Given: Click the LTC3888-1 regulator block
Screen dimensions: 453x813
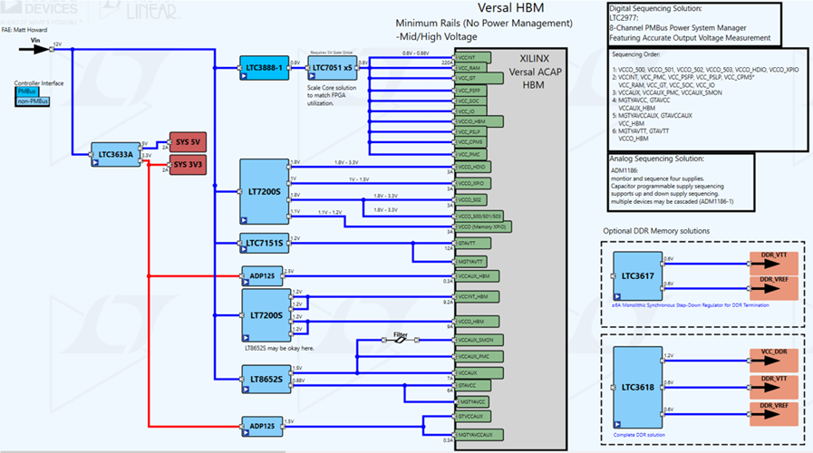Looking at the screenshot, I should (265, 68).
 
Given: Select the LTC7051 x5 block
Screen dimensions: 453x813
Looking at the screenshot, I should (332, 68).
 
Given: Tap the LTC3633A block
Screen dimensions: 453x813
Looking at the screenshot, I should (114, 154).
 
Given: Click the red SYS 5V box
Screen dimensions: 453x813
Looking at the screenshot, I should (189, 142).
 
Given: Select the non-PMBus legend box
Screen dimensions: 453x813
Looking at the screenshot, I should (31, 101).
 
